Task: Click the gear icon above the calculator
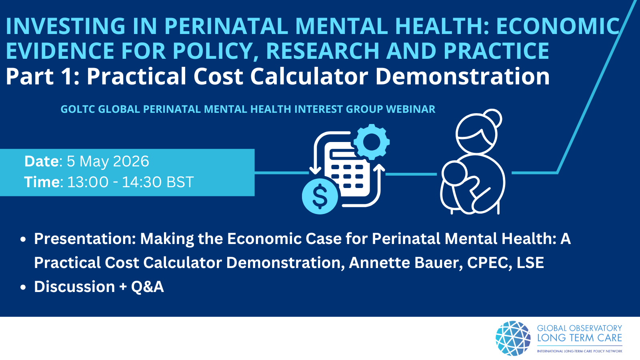pyautogui.click(x=372, y=142)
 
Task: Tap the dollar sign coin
pyautogui.click(x=320, y=196)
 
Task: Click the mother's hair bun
pyautogui.click(x=494, y=118)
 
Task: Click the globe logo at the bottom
pyautogui.click(x=513, y=338)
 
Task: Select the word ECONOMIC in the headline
pyautogui.click(x=558, y=26)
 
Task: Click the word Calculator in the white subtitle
pyautogui.click(x=310, y=76)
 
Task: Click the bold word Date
pyautogui.click(x=42, y=161)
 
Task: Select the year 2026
pyautogui.click(x=131, y=161)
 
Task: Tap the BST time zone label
pyautogui.click(x=180, y=182)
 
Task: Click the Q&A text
pyautogui.click(x=148, y=286)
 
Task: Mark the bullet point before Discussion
pyautogui.click(x=23, y=288)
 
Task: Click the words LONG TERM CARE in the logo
pyautogui.click(x=580, y=338)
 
